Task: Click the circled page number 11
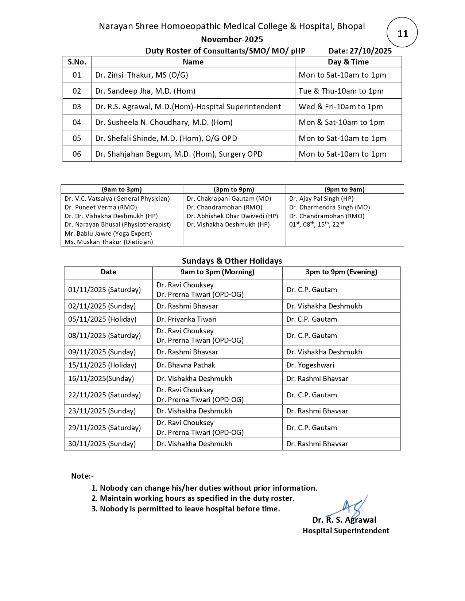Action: (x=402, y=34)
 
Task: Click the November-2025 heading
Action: (x=232, y=39)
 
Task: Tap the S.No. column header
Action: (x=77, y=62)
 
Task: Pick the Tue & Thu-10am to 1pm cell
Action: (x=341, y=91)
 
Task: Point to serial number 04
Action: (x=77, y=122)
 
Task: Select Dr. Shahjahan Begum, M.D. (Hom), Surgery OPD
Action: (x=179, y=154)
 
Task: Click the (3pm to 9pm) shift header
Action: (x=234, y=189)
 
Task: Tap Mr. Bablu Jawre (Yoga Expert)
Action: (x=108, y=233)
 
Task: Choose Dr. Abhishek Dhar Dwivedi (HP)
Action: (x=232, y=216)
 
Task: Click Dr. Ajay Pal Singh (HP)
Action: (x=321, y=199)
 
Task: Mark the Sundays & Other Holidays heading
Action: (x=232, y=261)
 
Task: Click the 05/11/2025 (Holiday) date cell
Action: (x=102, y=319)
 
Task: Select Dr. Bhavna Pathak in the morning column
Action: (x=186, y=365)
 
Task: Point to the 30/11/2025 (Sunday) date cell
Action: (x=102, y=444)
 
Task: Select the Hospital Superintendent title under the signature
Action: (x=346, y=531)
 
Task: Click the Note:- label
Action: (x=82, y=476)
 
